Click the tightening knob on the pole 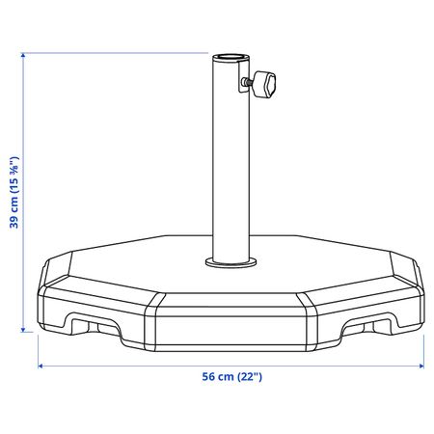(x=264, y=85)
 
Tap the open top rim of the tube (x=231, y=57)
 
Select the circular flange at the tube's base (x=231, y=262)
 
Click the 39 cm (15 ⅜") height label (x=14, y=193)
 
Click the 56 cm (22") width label (x=231, y=376)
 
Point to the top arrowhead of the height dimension (x=23, y=55)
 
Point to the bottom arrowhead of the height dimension (x=23, y=330)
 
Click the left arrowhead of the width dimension (x=41, y=366)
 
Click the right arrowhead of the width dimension (x=421, y=366)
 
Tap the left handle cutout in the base (x=93, y=325)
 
